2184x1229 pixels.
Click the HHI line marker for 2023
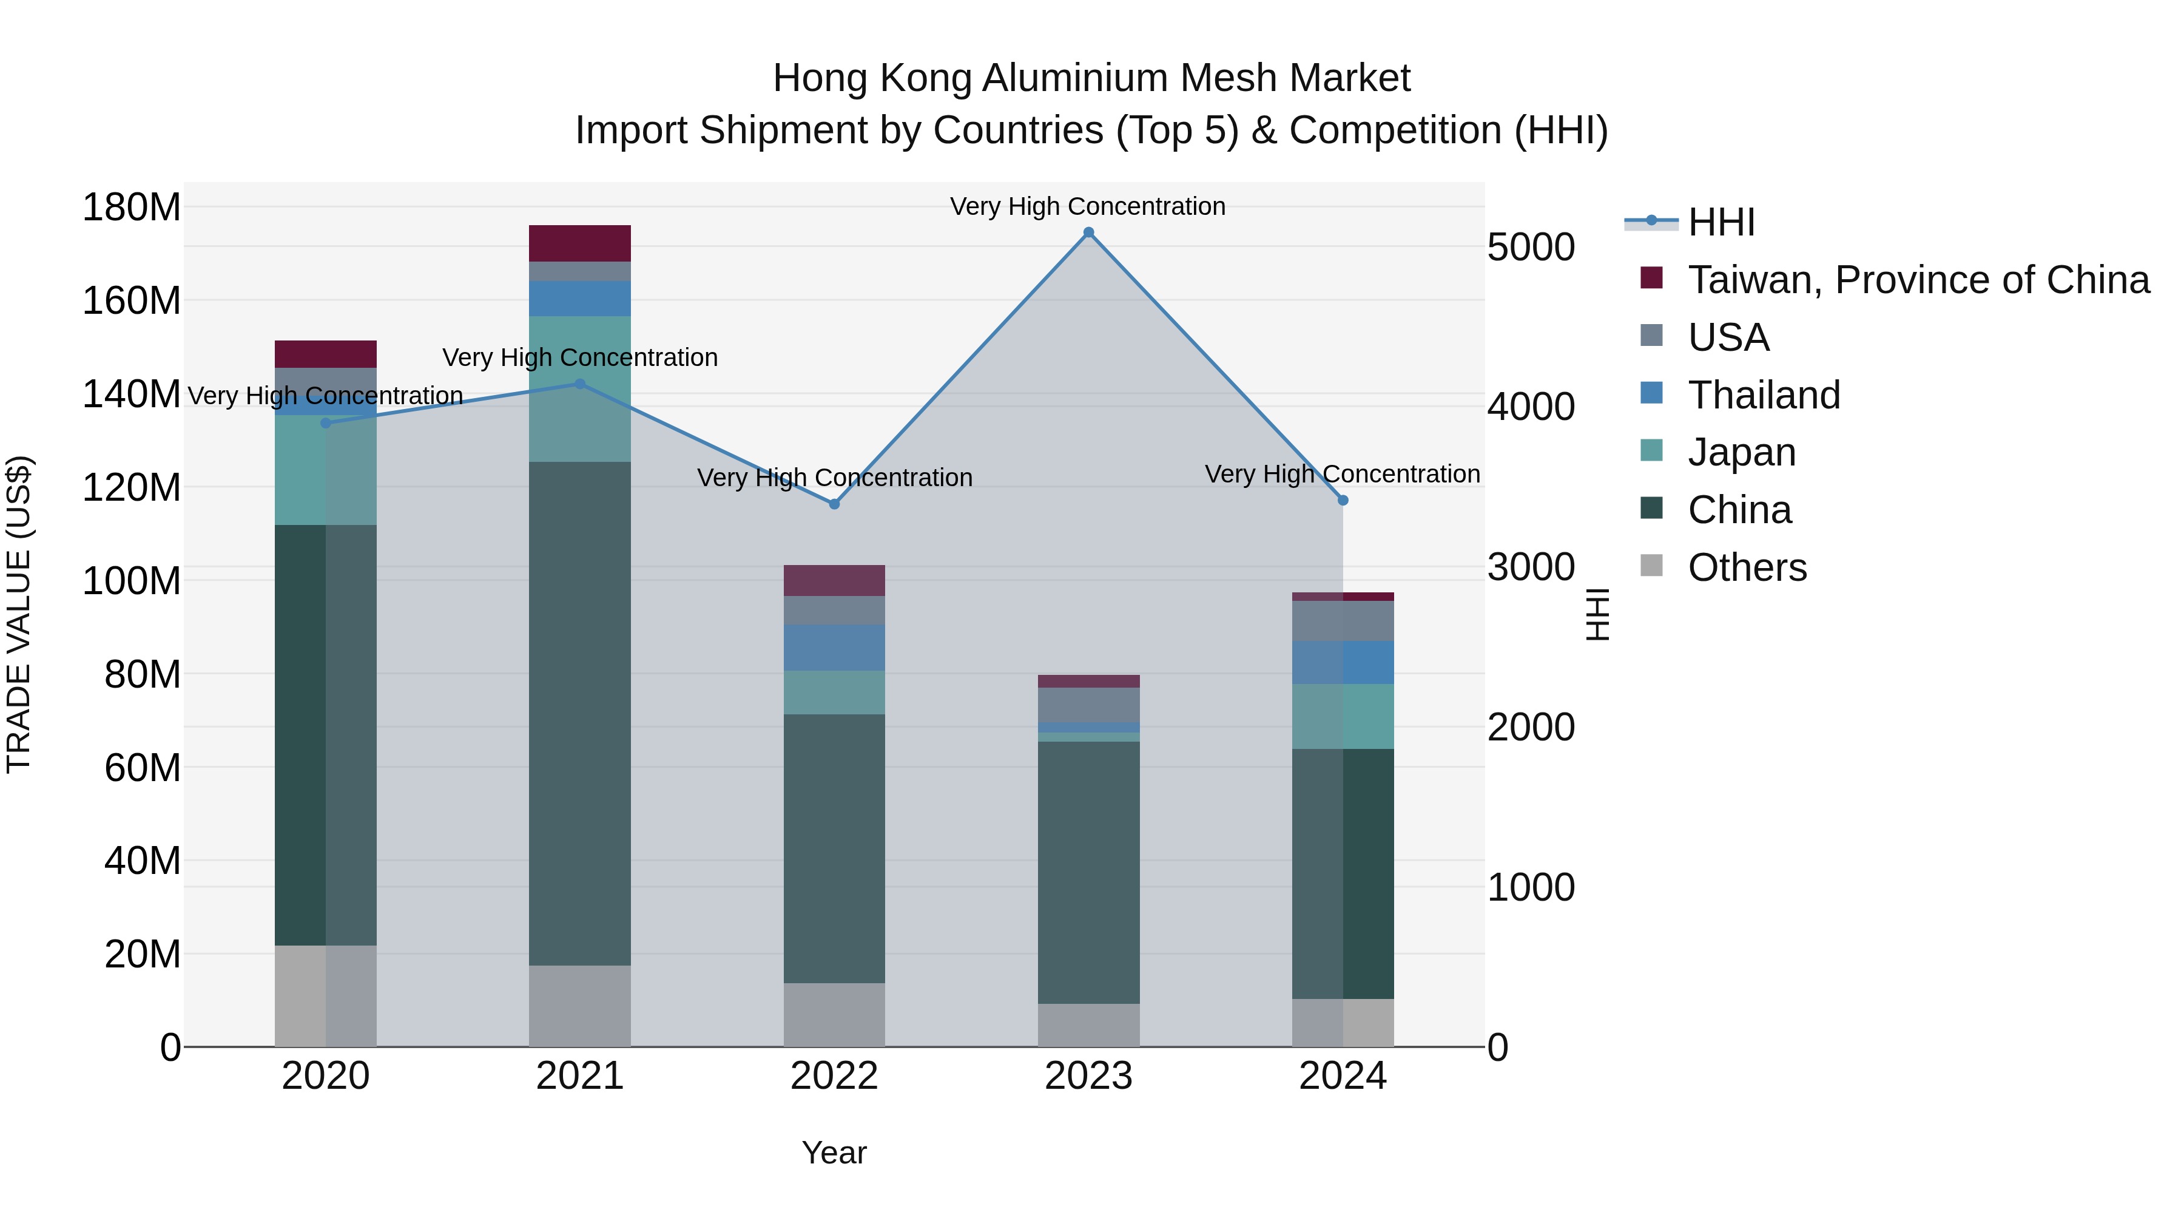tap(1088, 232)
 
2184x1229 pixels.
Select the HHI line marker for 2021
tap(580, 384)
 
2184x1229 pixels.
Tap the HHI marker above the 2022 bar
tap(834, 504)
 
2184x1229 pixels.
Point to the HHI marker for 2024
tap(1343, 501)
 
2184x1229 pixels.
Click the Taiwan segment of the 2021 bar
tap(580, 243)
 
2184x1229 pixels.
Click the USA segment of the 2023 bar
tap(1088, 705)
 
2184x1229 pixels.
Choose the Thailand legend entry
tap(1764, 395)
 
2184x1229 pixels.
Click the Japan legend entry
tap(1741, 452)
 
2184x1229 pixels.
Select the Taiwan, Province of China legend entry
tap(1918, 280)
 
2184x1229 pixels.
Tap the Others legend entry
tap(1747, 567)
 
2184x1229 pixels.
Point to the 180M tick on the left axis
tap(132, 207)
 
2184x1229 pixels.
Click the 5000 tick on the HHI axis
tap(1531, 247)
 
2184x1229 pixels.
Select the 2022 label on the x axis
tap(834, 1076)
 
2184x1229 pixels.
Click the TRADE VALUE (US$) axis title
tap(19, 614)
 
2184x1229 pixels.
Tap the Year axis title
tap(834, 1153)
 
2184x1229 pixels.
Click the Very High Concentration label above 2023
tap(1088, 206)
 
